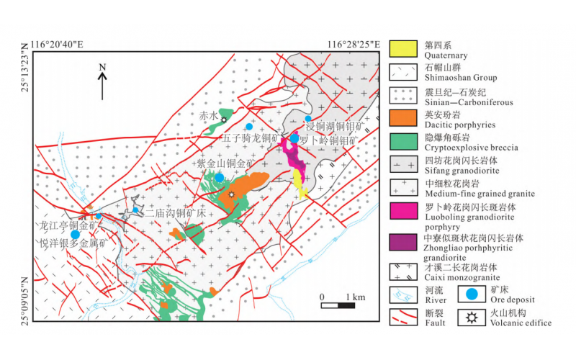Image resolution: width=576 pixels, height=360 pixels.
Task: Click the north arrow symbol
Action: pos(102,81)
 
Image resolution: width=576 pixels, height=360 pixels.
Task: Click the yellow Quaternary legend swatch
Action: pos(404,49)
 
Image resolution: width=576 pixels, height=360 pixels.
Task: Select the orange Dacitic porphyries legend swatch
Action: pos(404,116)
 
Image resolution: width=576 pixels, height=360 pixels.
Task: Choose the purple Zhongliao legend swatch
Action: pos(404,242)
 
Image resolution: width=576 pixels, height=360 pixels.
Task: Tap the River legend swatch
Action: pos(404,294)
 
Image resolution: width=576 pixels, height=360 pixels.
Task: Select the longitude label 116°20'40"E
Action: pos(58,45)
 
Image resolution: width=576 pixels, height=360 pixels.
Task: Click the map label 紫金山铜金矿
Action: pos(225,163)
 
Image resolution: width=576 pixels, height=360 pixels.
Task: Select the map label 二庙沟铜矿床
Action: pos(175,213)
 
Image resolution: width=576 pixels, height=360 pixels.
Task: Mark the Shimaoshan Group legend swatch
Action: pos(404,71)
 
